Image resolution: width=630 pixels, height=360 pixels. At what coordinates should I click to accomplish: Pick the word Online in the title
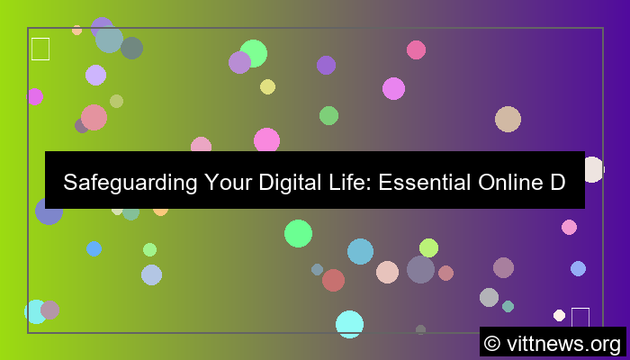[516, 183]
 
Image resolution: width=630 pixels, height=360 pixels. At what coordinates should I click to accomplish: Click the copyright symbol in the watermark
[491, 343]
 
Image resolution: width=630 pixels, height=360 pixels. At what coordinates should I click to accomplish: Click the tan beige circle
[508, 119]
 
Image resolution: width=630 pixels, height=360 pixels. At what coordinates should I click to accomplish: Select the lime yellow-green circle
[428, 247]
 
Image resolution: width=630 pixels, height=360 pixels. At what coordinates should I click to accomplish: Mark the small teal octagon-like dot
[508, 306]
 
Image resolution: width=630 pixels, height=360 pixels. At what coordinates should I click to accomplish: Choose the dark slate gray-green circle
[131, 48]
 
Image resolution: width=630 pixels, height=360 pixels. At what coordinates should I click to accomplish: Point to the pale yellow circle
[267, 86]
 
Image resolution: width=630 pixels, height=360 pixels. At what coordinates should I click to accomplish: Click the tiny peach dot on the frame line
[76, 30]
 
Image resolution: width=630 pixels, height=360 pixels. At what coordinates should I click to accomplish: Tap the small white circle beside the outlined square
[559, 315]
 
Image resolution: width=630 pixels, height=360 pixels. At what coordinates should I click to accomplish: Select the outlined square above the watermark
[580, 317]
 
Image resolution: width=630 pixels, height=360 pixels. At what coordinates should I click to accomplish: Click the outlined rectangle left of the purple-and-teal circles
[40, 49]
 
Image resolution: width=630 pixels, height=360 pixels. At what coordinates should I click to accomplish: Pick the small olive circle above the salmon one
[116, 101]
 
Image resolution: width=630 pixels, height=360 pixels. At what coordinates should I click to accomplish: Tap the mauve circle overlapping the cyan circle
[49, 310]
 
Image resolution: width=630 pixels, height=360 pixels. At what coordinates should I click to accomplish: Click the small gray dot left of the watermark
[420, 329]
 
